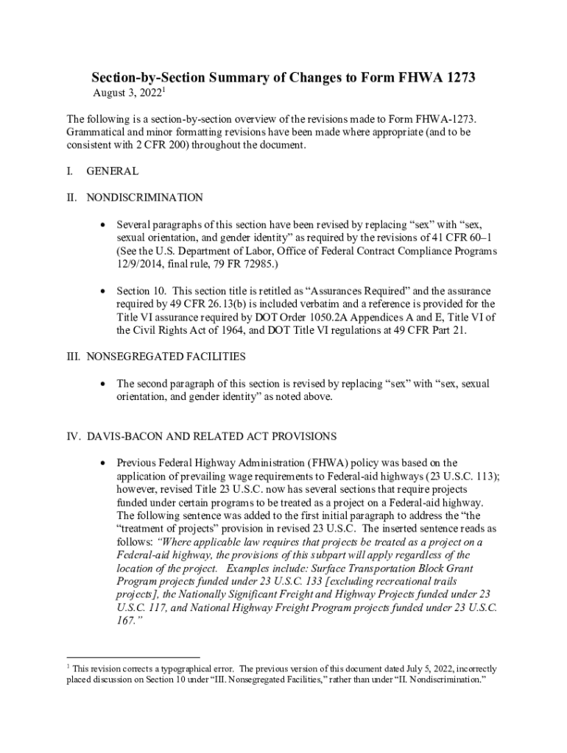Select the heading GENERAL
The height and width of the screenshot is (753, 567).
click(x=112, y=171)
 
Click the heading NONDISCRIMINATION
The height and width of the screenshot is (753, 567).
click(x=145, y=198)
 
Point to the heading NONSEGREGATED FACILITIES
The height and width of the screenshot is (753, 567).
click(x=166, y=357)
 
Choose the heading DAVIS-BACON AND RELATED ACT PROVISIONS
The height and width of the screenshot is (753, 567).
click(x=211, y=436)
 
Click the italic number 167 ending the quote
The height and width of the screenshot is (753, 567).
click(x=126, y=621)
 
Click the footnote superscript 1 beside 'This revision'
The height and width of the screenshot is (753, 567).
click(x=68, y=667)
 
